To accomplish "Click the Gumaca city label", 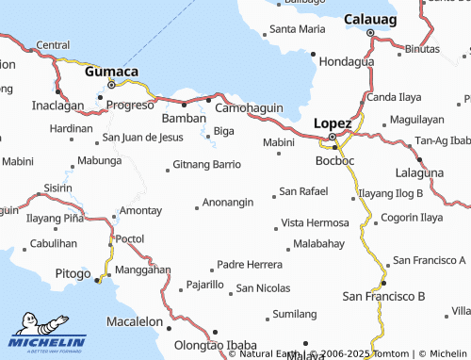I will point(112,72).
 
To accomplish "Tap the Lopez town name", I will point(333,123).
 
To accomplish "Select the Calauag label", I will point(370,19).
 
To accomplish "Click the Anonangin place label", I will point(230,203).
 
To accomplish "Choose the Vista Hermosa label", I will point(315,223).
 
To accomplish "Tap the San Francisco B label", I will point(383,296).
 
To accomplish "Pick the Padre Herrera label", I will point(250,264).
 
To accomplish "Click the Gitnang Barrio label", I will point(207,164).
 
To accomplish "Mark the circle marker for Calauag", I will point(370,33).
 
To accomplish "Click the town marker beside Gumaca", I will point(112,85).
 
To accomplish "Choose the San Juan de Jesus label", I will point(143,137).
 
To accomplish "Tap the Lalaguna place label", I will point(419,173).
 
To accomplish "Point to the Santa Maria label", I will point(298,28).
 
